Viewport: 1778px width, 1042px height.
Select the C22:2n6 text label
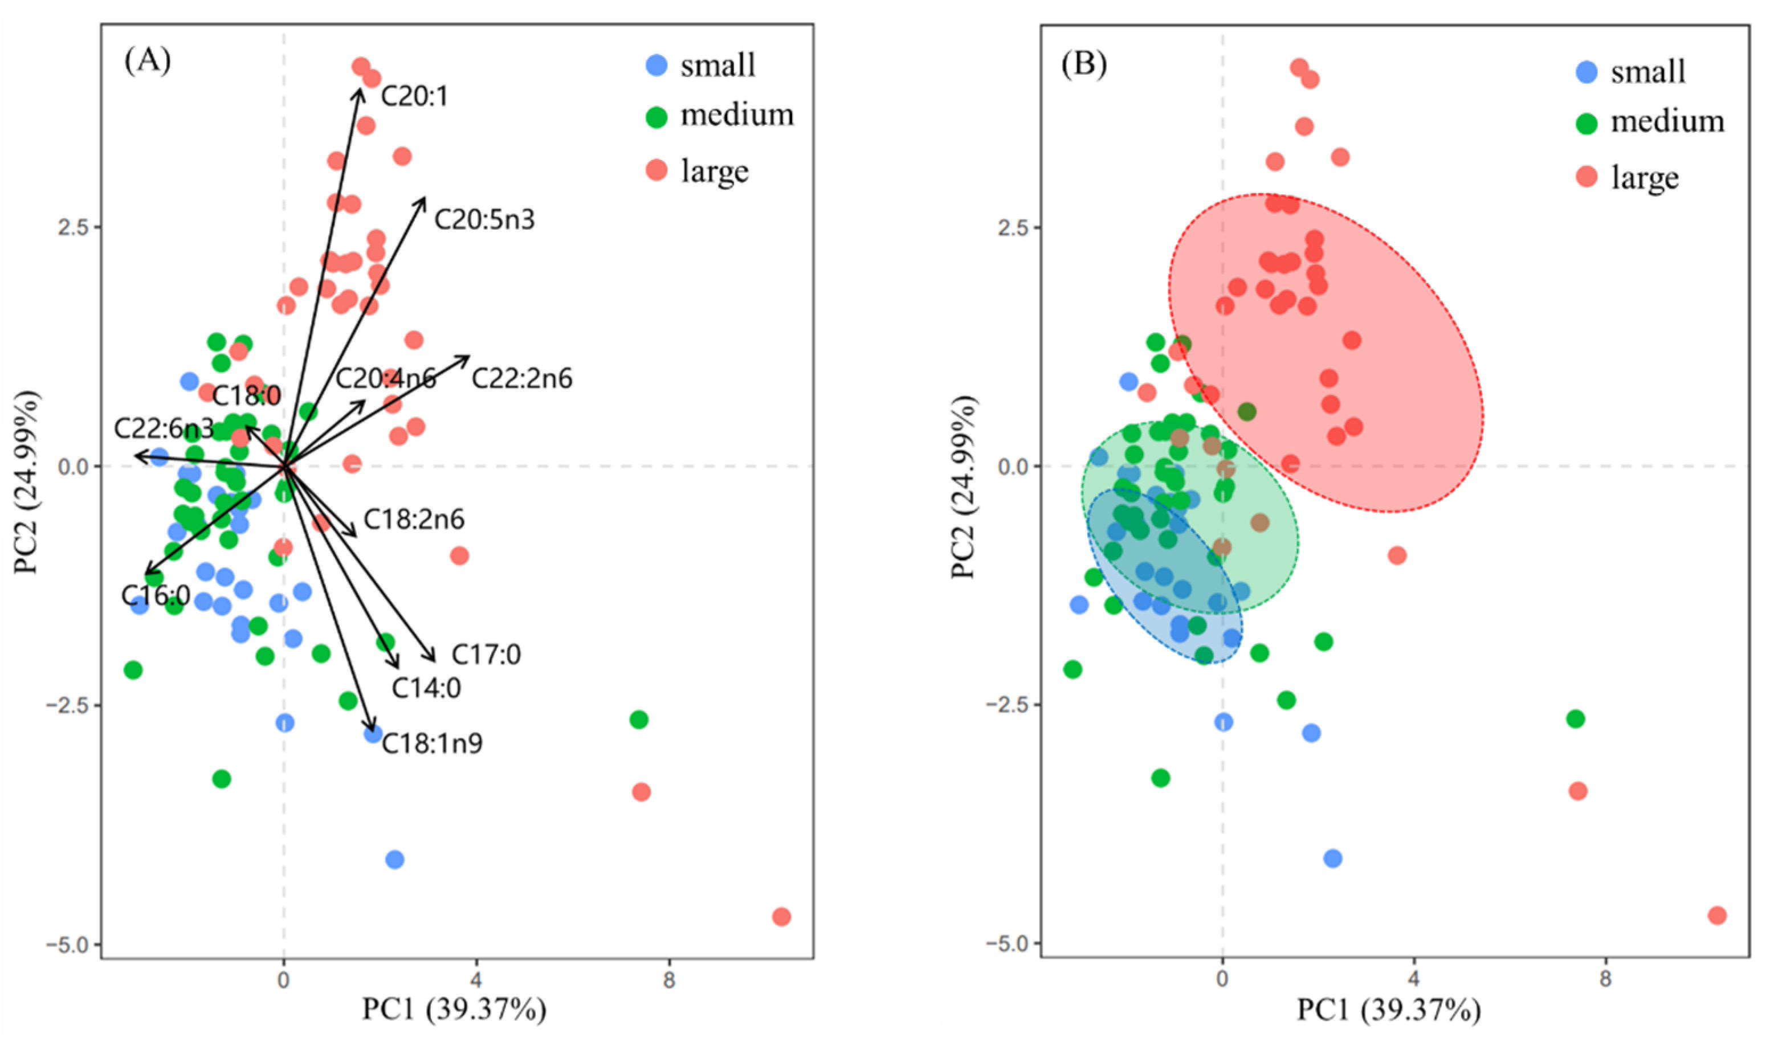(x=521, y=379)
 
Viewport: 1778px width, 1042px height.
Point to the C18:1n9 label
(x=432, y=743)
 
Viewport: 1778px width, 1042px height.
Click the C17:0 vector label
(x=486, y=655)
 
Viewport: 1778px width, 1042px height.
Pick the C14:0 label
(x=426, y=688)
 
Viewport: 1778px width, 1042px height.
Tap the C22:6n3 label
(x=164, y=428)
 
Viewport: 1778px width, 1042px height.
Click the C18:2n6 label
(x=414, y=520)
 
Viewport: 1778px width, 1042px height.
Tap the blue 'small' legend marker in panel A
(x=657, y=66)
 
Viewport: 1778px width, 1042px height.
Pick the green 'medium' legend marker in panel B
(x=1587, y=124)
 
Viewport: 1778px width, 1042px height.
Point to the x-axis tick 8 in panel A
(x=669, y=980)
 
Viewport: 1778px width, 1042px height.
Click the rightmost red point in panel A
(x=781, y=917)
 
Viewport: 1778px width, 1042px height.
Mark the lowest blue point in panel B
(x=1333, y=859)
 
